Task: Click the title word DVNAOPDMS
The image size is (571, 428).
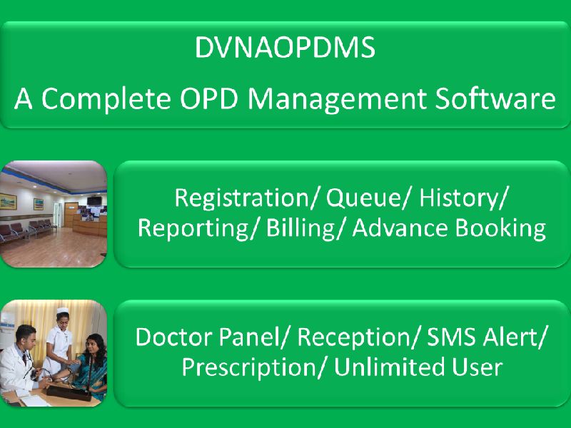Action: point(284,49)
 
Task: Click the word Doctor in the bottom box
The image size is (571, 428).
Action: point(171,337)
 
